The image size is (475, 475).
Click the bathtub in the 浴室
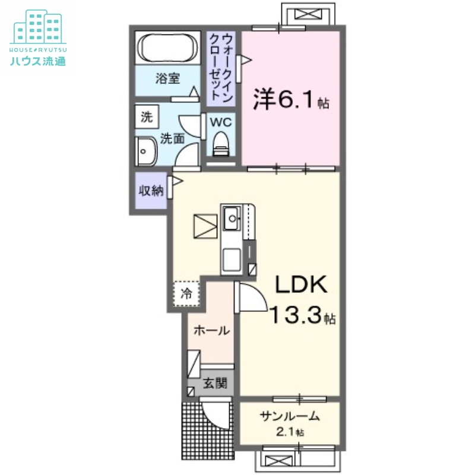[168, 47]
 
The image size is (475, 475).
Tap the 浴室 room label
[168, 78]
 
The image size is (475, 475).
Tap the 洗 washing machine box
[146, 117]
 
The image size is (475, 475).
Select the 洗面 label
[173, 139]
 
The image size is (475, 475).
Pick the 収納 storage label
[150, 191]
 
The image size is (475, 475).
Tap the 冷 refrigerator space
[186, 292]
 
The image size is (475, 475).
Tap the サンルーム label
[290, 416]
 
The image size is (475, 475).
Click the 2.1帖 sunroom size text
[290, 432]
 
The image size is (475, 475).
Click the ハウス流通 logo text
[37, 59]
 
